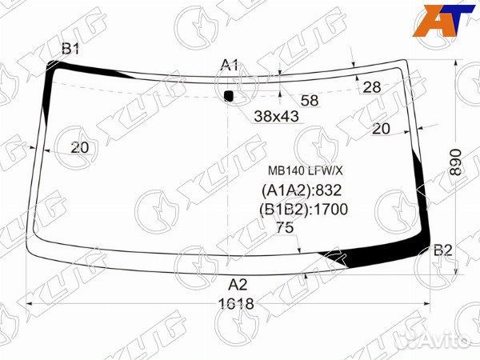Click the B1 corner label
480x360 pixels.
click(70, 49)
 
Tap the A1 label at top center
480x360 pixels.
click(230, 65)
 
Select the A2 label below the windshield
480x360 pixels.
click(238, 285)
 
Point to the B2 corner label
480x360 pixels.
click(442, 250)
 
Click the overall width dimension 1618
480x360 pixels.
click(236, 304)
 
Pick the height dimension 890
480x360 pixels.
click(456, 162)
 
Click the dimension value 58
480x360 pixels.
click(310, 101)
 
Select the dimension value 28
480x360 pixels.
click(372, 87)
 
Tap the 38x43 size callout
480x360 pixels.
click(277, 116)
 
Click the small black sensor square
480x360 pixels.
click(229, 96)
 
